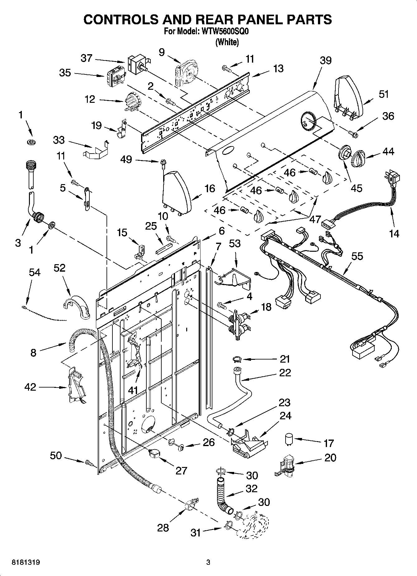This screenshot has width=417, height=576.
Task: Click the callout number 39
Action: [325, 60]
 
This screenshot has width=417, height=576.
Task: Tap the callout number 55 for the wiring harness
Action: [357, 256]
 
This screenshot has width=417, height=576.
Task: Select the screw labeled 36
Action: [353, 134]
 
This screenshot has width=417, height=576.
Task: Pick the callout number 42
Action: [30, 387]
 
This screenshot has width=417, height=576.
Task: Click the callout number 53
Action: [235, 243]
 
